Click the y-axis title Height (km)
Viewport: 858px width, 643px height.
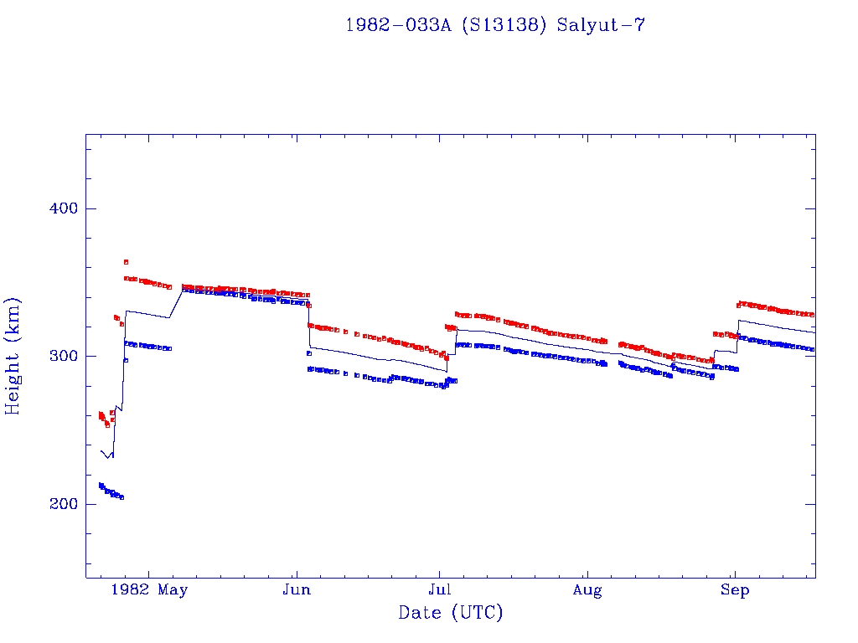(13, 356)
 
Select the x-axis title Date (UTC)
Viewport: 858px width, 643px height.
(451, 613)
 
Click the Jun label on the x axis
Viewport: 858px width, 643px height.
(297, 590)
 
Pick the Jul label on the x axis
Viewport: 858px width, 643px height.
(440, 590)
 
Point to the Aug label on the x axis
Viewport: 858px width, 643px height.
(587, 590)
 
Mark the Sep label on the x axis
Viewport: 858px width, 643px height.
(735, 590)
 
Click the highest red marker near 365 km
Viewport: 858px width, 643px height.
(126, 262)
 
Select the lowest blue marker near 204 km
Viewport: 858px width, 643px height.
(121, 497)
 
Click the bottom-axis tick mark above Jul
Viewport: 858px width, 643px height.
(440, 573)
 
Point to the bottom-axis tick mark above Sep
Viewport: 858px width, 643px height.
(735, 573)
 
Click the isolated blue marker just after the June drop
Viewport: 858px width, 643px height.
(309, 353)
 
